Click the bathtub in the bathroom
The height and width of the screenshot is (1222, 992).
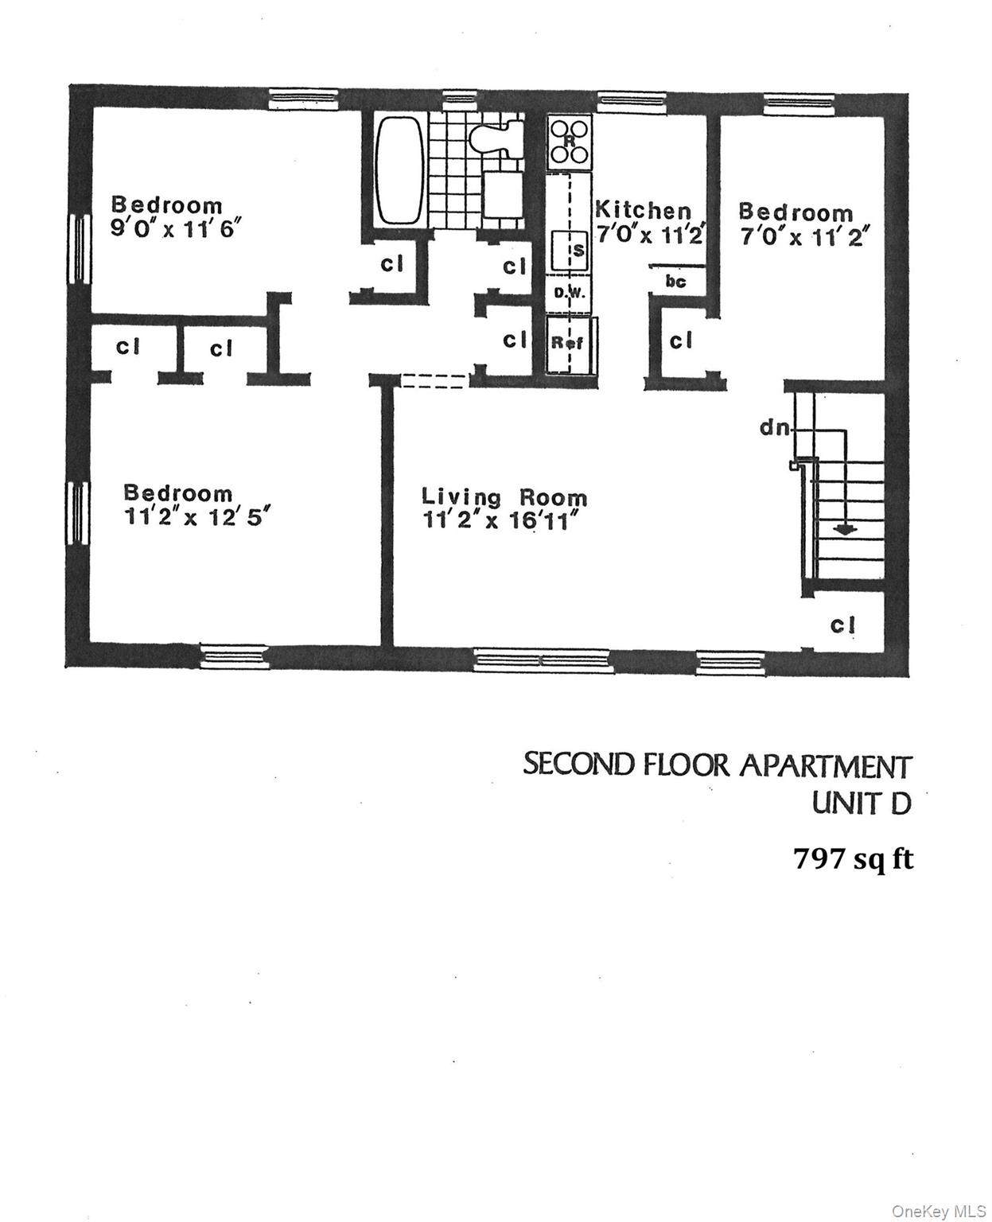coord(399,170)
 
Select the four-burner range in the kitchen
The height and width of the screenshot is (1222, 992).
coord(569,142)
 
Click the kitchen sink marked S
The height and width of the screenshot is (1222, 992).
coord(569,249)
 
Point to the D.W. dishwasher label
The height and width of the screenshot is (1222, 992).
coord(569,293)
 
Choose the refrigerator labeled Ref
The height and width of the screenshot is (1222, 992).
coord(568,343)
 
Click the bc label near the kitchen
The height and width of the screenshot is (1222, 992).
coord(675,281)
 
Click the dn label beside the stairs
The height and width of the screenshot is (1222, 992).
coord(775,428)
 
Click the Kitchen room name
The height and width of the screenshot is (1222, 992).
coord(644,210)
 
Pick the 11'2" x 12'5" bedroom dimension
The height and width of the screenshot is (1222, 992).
coord(198,516)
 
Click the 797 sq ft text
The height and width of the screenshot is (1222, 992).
coord(853,859)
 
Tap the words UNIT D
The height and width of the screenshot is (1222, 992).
coord(861,804)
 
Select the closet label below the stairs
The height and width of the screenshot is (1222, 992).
coord(842,625)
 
